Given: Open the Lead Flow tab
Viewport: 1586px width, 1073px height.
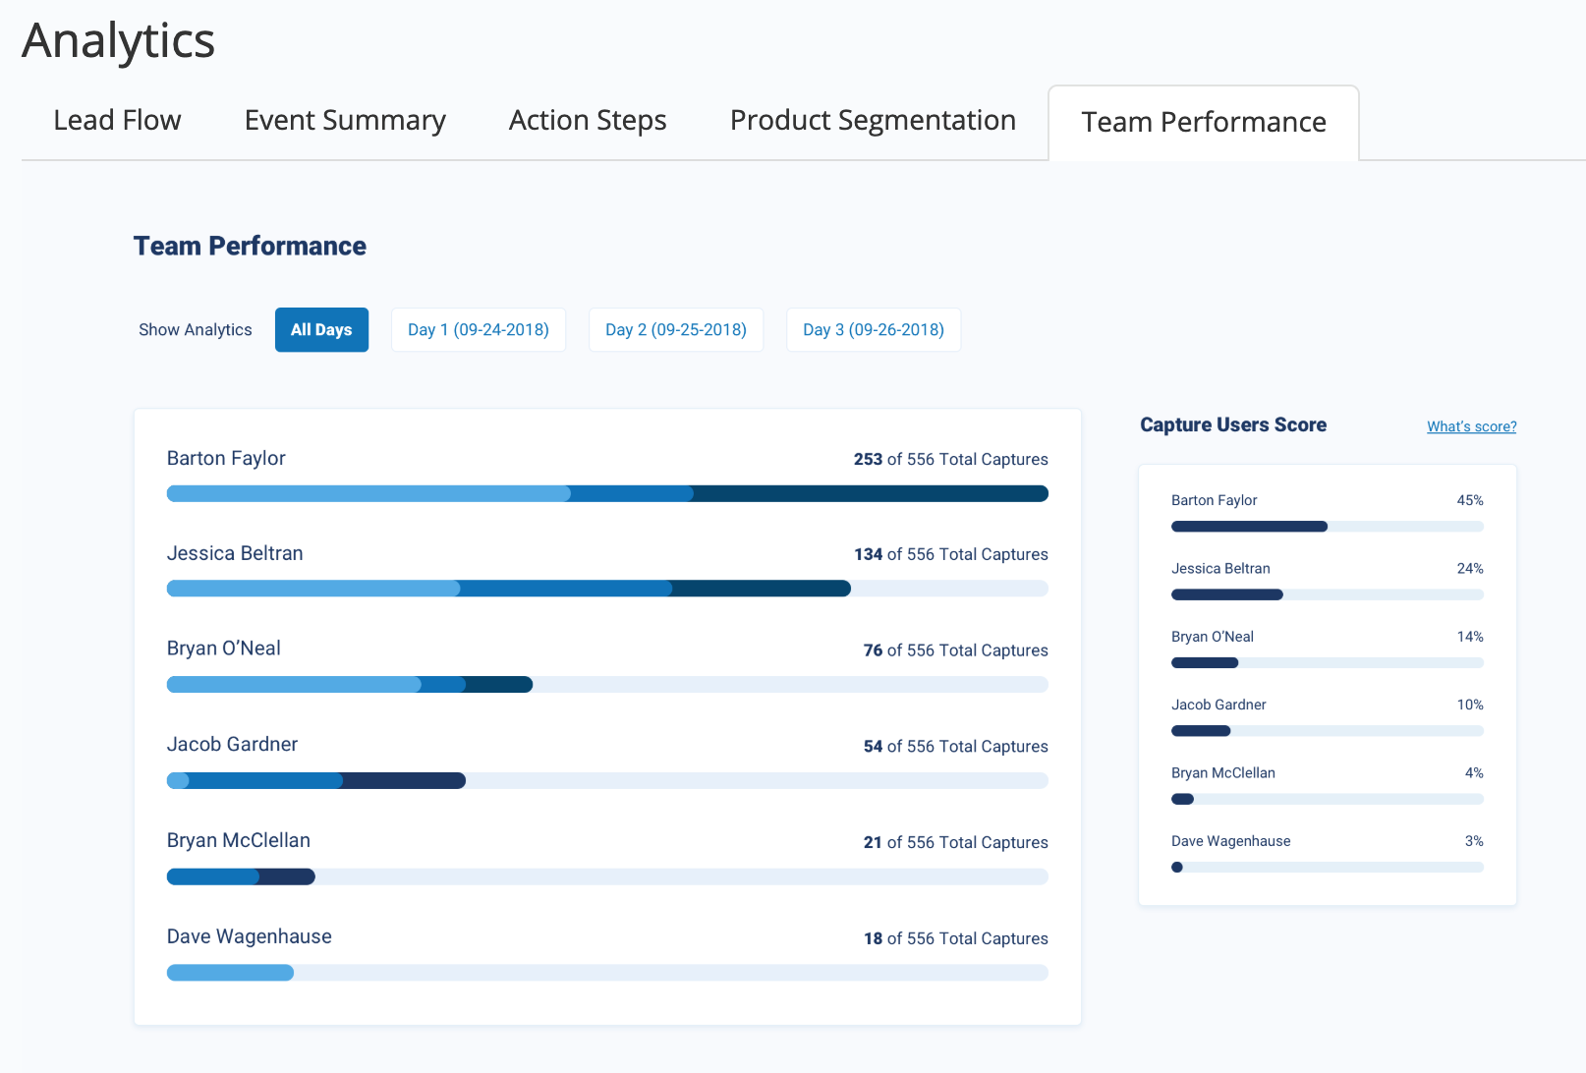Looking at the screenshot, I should (x=117, y=120).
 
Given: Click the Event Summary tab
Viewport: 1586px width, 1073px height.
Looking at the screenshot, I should (x=345, y=120).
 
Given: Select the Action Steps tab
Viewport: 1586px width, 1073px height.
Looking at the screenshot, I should (x=588, y=120).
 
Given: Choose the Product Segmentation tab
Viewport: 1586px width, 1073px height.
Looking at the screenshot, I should (x=873, y=120).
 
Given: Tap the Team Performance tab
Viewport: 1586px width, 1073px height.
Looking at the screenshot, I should (x=1204, y=122).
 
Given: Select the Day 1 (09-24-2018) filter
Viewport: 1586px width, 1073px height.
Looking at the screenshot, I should (x=479, y=330).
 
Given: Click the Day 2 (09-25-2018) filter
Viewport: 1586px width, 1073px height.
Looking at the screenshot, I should (x=676, y=330).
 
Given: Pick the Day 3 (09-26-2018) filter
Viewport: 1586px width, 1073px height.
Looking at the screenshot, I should (x=874, y=330).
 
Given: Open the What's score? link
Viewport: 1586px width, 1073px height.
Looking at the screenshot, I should (x=1471, y=426).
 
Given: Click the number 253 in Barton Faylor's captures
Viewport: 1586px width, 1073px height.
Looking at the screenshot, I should (x=868, y=459).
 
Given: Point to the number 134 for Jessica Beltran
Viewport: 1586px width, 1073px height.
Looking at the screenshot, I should (x=868, y=554).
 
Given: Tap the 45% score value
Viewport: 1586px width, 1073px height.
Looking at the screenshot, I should (x=1470, y=500).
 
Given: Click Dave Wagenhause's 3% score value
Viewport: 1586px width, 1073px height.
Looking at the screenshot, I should (x=1474, y=841).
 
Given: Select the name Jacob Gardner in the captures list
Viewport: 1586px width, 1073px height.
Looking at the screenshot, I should (x=232, y=744).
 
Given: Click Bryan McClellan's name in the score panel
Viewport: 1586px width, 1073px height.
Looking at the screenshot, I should (x=1222, y=773).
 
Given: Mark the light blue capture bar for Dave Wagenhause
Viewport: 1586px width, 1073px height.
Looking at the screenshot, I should (x=230, y=973).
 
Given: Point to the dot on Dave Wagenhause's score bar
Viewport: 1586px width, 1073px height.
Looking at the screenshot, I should (x=1177, y=868).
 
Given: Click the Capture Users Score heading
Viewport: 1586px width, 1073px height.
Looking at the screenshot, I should (x=1233, y=424).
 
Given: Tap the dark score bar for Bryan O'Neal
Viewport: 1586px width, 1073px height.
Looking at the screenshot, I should (x=1205, y=663).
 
